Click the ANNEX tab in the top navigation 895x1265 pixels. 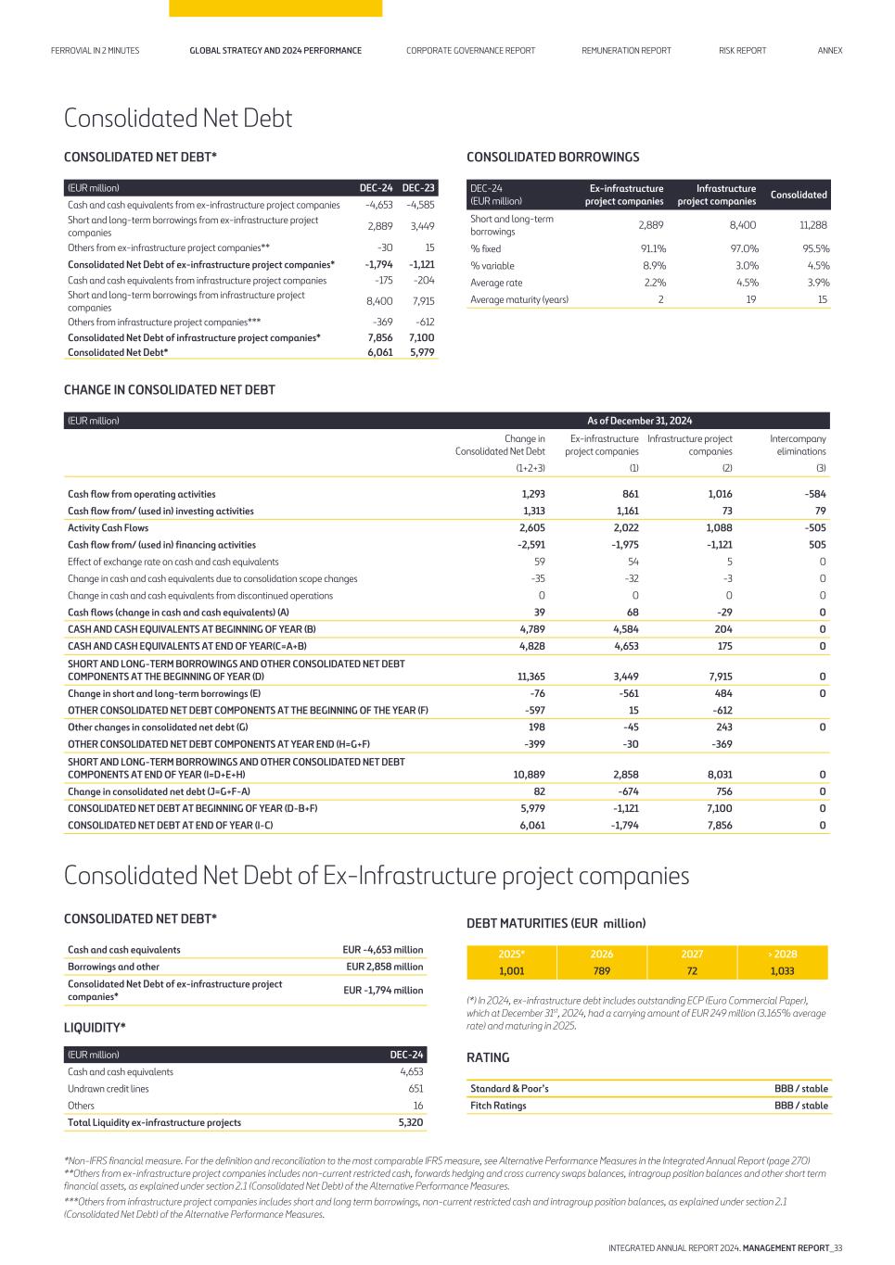[829, 50]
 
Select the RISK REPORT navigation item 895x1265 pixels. [742, 50]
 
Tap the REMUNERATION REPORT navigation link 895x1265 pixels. [626, 50]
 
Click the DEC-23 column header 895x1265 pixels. [418, 188]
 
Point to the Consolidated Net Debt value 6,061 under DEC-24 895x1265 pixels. [379, 352]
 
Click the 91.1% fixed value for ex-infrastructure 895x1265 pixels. [653, 248]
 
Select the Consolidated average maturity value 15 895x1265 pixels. [822, 299]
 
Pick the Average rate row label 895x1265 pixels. [496, 283]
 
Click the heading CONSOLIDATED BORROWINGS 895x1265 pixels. [553, 157]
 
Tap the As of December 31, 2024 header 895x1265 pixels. [639, 421]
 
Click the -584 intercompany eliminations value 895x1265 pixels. [814, 494]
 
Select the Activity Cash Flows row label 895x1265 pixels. [108, 528]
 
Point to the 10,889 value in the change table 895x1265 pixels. [529, 775]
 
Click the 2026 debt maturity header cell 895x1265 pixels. [601, 954]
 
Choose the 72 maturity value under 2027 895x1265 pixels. [692, 971]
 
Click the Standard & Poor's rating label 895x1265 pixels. [509, 1088]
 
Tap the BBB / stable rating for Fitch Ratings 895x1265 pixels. [800, 1106]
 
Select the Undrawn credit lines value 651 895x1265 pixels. [416, 1088]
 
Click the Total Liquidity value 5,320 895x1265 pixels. [411, 1122]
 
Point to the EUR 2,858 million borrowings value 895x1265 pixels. [384, 967]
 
